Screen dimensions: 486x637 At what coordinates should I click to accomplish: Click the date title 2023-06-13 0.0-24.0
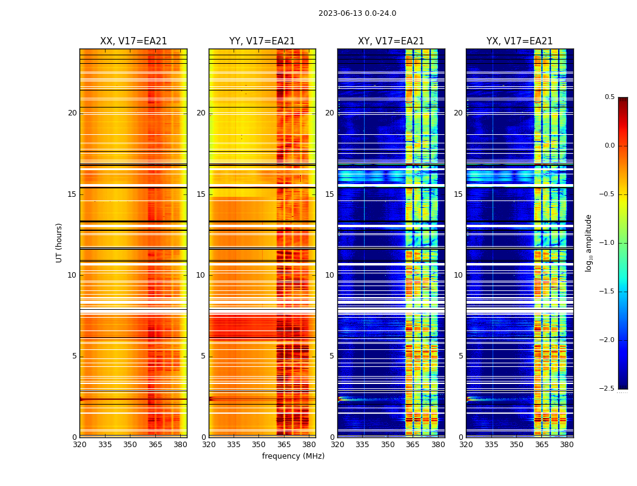coord(357,13)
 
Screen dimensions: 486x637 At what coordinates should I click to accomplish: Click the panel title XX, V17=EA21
coord(133,41)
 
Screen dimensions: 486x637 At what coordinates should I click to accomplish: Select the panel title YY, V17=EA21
coord(262,41)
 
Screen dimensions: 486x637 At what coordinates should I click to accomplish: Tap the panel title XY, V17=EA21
coord(391,41)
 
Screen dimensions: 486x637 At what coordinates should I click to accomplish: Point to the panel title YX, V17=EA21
coord(519,41)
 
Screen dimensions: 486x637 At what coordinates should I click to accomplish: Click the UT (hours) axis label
coord(59,242)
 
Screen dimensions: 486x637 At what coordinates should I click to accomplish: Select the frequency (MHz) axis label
coord(293,456)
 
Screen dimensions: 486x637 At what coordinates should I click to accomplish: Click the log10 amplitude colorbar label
coord(588,242)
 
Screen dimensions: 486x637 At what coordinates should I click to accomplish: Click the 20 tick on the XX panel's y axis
coord(72,113)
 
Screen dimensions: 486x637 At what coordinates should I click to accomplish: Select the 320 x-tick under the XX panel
coord(79,445)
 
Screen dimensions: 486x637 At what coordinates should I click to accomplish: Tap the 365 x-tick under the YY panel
coord(284,445)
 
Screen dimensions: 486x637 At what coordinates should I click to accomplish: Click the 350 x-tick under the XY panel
coord(388,445)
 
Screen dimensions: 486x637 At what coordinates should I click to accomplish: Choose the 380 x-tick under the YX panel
coord(567,445)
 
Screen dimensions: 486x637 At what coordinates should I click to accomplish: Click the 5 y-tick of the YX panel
coord(461,356)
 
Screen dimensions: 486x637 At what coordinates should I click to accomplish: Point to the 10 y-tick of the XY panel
coord(329,275)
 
